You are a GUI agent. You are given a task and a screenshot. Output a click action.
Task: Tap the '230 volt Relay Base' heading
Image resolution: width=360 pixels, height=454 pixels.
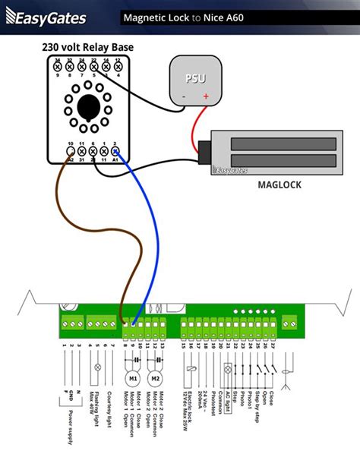pyautogui.click(x=87, y=48)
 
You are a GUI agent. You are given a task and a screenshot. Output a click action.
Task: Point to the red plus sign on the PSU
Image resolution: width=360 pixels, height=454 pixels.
pyautogui.click(x=204, y=97)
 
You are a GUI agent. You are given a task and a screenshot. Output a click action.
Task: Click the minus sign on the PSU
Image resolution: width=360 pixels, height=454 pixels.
pyautogui.click(x=183, y=97)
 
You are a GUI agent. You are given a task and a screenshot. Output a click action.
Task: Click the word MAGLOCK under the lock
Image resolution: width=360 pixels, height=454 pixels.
pyautogui.click(x=281, y=184)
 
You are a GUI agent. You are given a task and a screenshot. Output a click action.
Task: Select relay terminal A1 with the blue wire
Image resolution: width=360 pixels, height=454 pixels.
pyautogui.click(x=115, y=153)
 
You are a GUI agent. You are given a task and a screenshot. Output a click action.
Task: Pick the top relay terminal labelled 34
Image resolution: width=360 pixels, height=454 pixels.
pyautogui.click(x=58, y=67)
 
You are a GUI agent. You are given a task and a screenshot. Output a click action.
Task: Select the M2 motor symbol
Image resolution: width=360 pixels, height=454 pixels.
pyautogui.click(x=156, y=377)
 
